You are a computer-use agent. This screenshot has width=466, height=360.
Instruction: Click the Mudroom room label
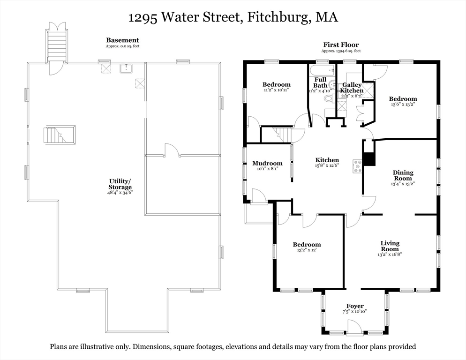267,163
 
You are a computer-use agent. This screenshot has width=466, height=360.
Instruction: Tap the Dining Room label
403,175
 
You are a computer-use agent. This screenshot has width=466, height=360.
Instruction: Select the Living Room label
390,246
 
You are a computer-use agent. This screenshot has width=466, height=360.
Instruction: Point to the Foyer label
355,306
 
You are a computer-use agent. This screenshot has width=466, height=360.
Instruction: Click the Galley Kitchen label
352,88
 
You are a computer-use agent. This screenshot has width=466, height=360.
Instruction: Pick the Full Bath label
320,82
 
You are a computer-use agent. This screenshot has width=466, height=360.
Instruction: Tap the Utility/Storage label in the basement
120,184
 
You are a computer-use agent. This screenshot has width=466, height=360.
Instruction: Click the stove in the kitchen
357,166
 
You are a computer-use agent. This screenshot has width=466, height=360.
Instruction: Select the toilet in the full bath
328,98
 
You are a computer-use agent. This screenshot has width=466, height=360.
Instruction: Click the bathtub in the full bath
323,70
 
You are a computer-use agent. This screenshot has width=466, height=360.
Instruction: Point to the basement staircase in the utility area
59,135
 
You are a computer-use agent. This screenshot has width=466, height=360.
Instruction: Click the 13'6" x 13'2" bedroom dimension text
403,105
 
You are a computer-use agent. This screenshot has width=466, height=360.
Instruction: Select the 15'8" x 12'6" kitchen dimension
327,165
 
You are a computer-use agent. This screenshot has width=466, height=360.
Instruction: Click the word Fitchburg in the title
278,17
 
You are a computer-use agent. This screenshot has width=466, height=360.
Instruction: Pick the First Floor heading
341,45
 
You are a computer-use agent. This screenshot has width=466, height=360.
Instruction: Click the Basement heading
122,40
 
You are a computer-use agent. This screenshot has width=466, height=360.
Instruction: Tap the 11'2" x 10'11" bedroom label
277,89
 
